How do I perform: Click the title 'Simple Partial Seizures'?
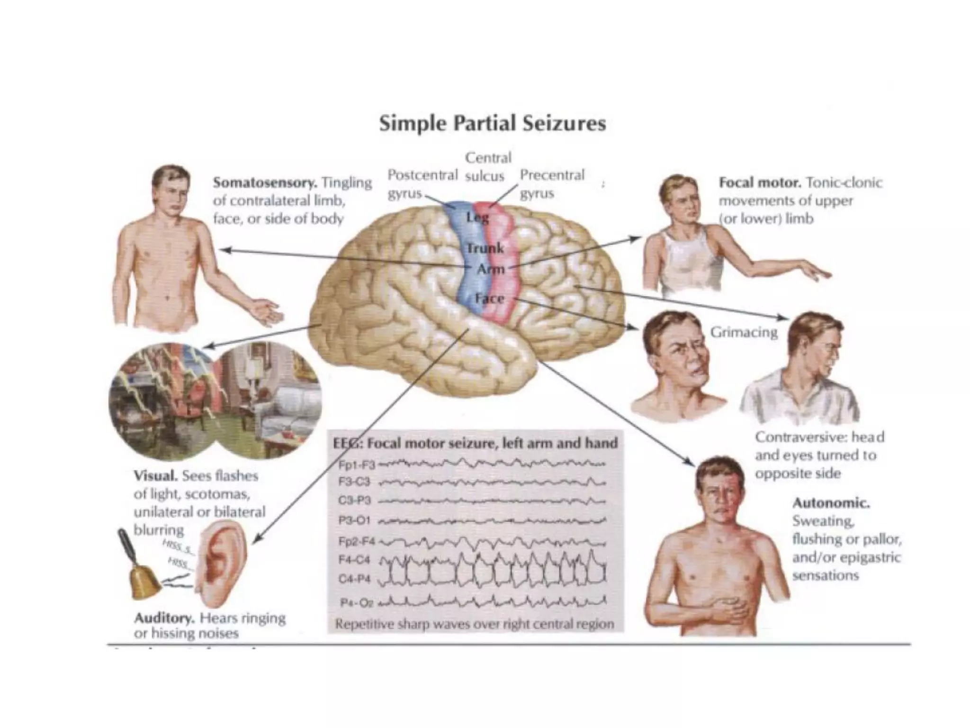[493, 124]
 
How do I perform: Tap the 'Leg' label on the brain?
[477, 218]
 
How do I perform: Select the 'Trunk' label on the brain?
[485, 248]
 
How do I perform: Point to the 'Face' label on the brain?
[489, 299]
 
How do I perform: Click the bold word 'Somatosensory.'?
[266, 182]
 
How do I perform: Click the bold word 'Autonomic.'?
[831, 503]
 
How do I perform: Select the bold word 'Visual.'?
[156, 475]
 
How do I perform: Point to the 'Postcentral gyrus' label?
[422, 184]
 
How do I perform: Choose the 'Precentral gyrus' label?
[552, 184]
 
